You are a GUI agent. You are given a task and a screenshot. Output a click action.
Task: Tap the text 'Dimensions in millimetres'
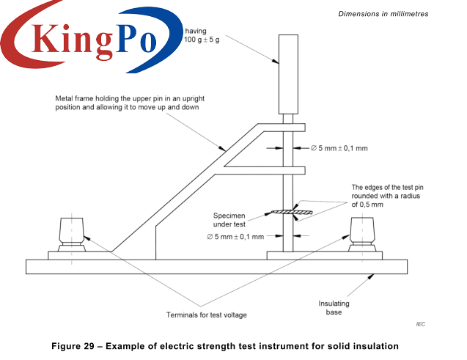383,14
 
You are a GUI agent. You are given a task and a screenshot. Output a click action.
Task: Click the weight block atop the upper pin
287,73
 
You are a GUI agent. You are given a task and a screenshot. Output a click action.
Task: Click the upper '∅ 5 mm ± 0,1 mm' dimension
338,148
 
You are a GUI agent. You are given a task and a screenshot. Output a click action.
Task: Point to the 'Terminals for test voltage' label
207,315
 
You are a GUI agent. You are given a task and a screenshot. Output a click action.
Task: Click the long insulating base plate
220,266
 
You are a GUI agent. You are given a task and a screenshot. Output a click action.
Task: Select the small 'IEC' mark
420,324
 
